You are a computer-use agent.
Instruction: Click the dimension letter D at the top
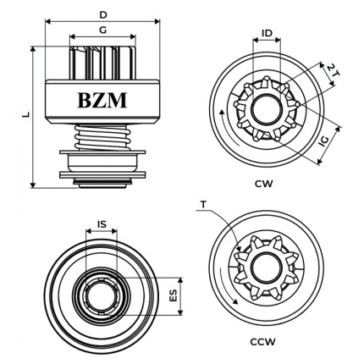(x=102, y=14)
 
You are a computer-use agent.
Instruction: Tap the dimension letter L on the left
(x=25, y=115)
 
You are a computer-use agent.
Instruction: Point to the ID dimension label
(x=267, y=34)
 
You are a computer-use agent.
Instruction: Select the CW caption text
(x=263, y=182)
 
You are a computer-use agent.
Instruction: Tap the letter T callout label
(x=204, y=204)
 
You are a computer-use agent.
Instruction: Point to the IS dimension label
(x=102, y=224)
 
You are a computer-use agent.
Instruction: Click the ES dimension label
(x=174, y=295)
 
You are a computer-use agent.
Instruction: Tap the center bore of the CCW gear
(x=265, y=270)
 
